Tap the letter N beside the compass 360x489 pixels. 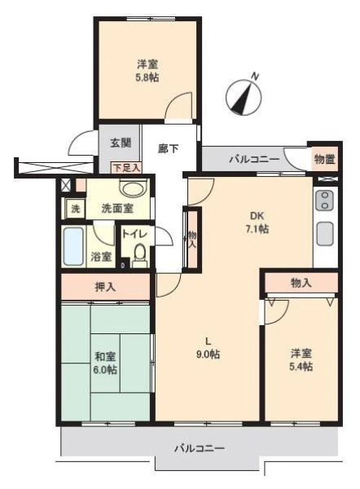pyautogui.click(x=255, y=76)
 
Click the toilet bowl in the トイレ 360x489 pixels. pyautogui.click(x=139, y=253)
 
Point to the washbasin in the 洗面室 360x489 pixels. pyautogui.click(x=133, y=189)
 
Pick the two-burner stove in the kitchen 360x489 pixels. pyautogui.click(x=325, y=200)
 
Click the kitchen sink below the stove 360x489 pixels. pyautogui.click(x=325, y=233)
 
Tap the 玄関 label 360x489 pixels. pyautogui.click(x=121, y=143)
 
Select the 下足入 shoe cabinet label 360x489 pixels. pyautogui.click(x=126, y=168)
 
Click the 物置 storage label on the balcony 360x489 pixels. pyautogui.click(x=324, y=159)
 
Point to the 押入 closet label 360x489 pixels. pyautogui.click(x=105, y=287)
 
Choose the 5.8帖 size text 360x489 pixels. pyautogui.click(x=147, y=77)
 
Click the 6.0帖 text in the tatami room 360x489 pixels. pyautogui.click(x=105, y=370)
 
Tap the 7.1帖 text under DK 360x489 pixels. pyautogui.click(x=257, y=229)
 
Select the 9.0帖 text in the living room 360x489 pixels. pyautogui.click(x=208, y=355)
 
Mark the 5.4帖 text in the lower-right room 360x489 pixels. pyautogui.click(x=301, y=367)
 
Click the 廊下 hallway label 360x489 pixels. pyautogui.click(x=169, y=149)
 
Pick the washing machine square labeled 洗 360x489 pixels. pyautogui.click(x=76, y=209)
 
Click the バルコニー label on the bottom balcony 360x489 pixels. pyautogui.click(x=200, y=448)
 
